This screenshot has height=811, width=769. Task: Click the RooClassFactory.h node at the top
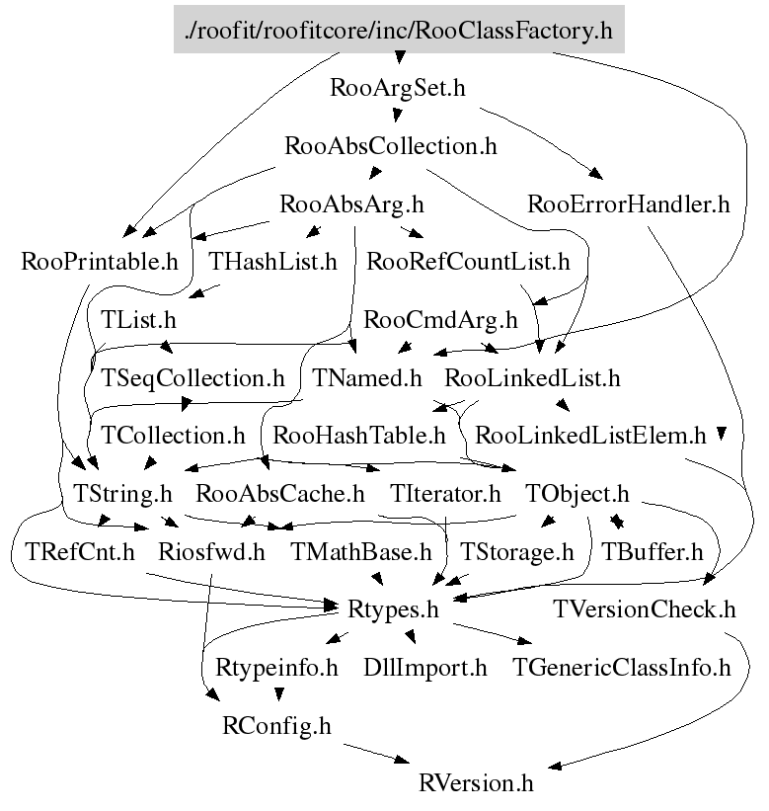pos(399,31)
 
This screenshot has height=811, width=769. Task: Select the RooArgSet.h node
pos(399,88)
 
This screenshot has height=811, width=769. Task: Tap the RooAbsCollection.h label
pos(390,146)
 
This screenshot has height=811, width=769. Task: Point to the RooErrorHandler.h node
pos(629,204)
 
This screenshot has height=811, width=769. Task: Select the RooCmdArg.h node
pos(440,319)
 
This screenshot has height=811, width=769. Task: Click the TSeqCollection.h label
pos(193,377)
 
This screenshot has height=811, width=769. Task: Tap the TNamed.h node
pos(367,377)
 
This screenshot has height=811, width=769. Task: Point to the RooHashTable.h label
pos(359,435)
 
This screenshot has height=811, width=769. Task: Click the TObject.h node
pos(577,492)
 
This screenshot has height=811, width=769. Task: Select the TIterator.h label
pos(445,492)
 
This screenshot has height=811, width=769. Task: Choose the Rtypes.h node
pos(393,608)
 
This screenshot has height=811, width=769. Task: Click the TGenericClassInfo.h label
pos(622,667)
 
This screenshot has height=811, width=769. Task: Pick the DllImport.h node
pos(425,667)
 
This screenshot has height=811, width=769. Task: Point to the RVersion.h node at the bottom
pos(476,783)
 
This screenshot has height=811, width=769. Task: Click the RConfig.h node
pos(276,725)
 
